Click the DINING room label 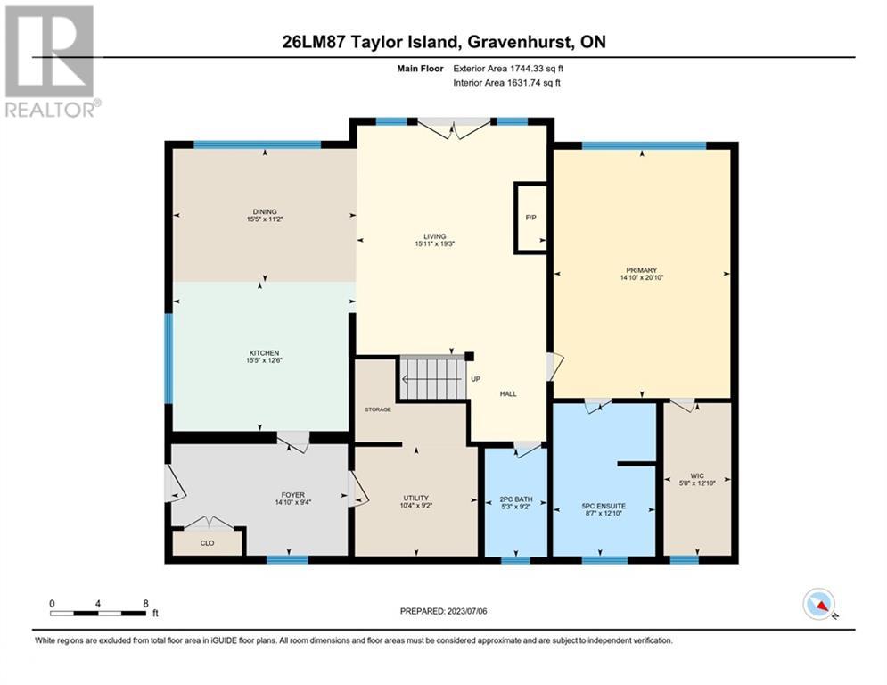point(265,211)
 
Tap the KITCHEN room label point(264,353)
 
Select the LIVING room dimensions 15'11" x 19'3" point(435,244)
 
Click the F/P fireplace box point(530,218)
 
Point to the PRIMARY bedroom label point(642,270)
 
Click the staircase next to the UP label point(432,377)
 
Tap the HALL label point(508,394)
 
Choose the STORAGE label point(378,409)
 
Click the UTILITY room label point(415,499)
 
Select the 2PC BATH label point(516,499)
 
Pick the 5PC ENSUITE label point(604,506)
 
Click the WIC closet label point(697,476)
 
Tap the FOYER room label point(293,495)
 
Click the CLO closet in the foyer point(207,542)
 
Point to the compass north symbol point(819,605)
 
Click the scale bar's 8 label point(146,604)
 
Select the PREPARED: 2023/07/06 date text point(444,611)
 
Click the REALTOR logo point(52,62)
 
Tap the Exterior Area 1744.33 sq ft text point(508,69)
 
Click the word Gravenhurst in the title point(521,42)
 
